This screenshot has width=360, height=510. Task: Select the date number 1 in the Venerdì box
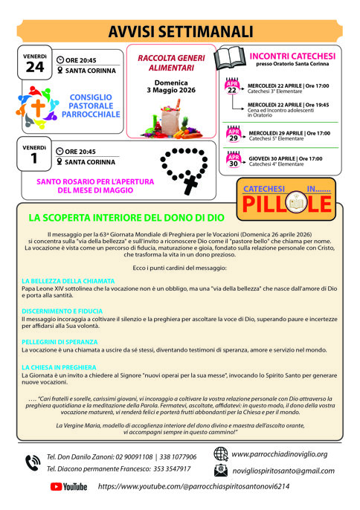(x=35, y=158)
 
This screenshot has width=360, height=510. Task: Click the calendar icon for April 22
(x=234, y=88)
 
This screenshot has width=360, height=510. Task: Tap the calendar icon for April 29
(x=234, y=135)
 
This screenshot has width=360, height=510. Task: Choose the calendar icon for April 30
(x=234, y=160)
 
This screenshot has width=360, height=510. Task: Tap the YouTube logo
(x=68, y=486)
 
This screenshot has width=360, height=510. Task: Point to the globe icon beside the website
(x=221, y=453)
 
